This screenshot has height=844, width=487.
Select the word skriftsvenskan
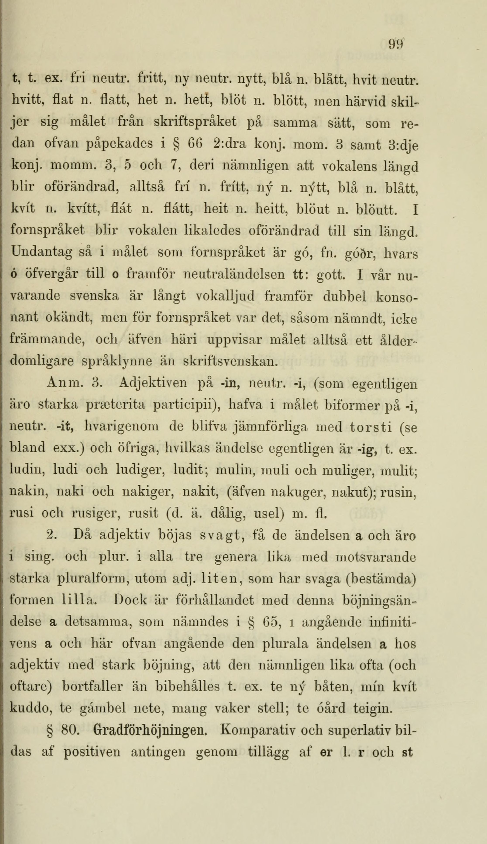click(x=231, y=361)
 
